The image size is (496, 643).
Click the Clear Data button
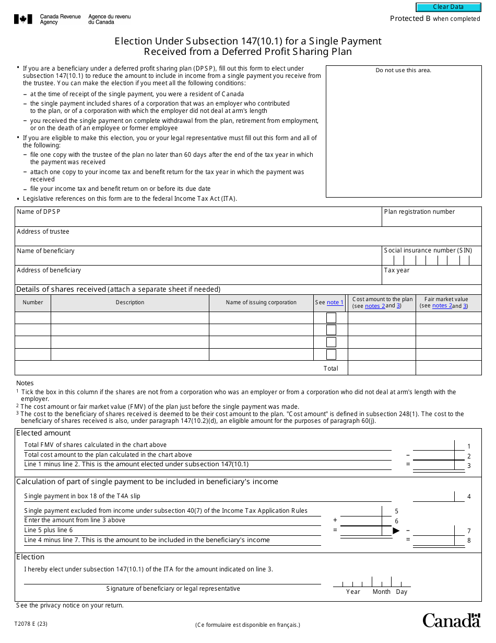(x=448, y=7)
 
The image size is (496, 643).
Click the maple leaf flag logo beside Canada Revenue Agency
(x=23, y=19)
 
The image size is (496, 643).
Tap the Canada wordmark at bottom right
(x=451, y=621)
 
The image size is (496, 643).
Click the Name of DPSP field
(x=198, y=219)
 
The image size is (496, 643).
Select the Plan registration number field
(x=431, y=220)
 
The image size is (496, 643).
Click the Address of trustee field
(x=248, y=238)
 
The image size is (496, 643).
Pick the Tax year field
(x=431, y=278)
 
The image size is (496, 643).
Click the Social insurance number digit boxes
(x=431, y=260)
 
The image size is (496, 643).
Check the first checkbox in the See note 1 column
(x=331, y=318)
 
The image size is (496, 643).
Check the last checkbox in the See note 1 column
(x=331, y=354)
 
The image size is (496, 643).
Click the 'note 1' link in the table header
(x=335, y=303)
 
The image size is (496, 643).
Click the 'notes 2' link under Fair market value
(x=442, y=306)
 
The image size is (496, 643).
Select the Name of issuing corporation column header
(x=261, y=303)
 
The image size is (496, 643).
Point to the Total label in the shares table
(x=330, y=369)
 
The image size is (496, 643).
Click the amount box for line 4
(x=433, y=496)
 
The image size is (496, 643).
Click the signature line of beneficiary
(x=172, y=579)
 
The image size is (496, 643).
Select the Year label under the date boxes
(x=353, y=592)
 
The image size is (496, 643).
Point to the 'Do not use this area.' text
(x=404, y=71)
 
